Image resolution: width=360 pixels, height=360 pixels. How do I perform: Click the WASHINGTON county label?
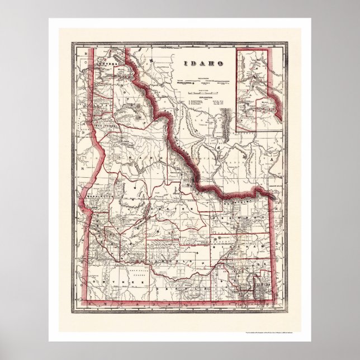[x=101, y=197]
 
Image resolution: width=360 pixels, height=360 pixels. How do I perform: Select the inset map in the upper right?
[x=252, y=89]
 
